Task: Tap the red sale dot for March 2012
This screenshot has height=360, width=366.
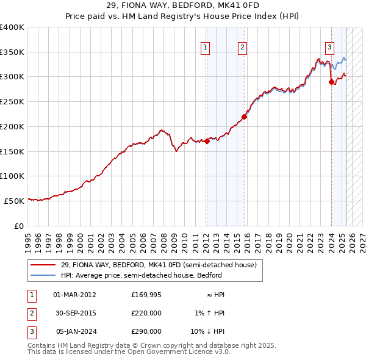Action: (x=207, y=141)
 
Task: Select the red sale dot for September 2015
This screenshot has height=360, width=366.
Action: (x=244, y=117)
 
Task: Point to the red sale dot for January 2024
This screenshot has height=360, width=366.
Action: (x=331, y=82)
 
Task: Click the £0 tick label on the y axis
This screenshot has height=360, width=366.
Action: (x=19, y=225)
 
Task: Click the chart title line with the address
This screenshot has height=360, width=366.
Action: (x=183, y=7)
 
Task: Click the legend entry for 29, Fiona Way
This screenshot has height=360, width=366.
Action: (x=162, y=265)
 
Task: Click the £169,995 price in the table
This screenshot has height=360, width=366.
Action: (x=146, y=294)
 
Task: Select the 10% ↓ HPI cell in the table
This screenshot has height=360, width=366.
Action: (x=208, y=332)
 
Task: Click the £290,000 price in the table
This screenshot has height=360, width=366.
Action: (x=146, y=332)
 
